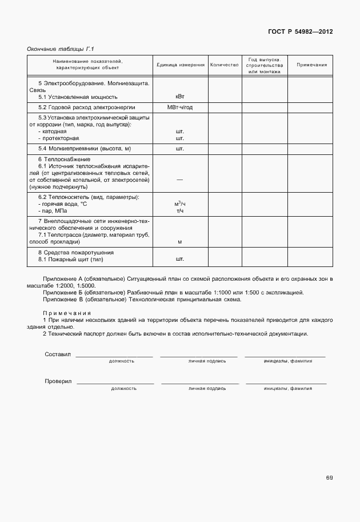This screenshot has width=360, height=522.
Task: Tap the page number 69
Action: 329,478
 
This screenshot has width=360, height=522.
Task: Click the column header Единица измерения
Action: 180,65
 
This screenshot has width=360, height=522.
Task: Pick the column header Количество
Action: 224,65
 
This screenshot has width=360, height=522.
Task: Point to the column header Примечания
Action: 311,65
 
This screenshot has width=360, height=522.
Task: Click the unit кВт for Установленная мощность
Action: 179,97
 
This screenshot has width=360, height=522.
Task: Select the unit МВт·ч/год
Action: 179,107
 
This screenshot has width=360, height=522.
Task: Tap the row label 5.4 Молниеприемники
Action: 80,149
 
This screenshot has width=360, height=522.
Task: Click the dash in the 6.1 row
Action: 179,180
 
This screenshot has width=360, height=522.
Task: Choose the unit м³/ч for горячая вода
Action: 179,204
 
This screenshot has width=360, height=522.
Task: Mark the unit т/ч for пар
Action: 179,211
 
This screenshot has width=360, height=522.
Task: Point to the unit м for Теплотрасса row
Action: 179,242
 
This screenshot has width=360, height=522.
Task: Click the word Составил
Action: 58,354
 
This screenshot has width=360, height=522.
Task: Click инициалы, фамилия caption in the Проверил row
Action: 288,388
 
